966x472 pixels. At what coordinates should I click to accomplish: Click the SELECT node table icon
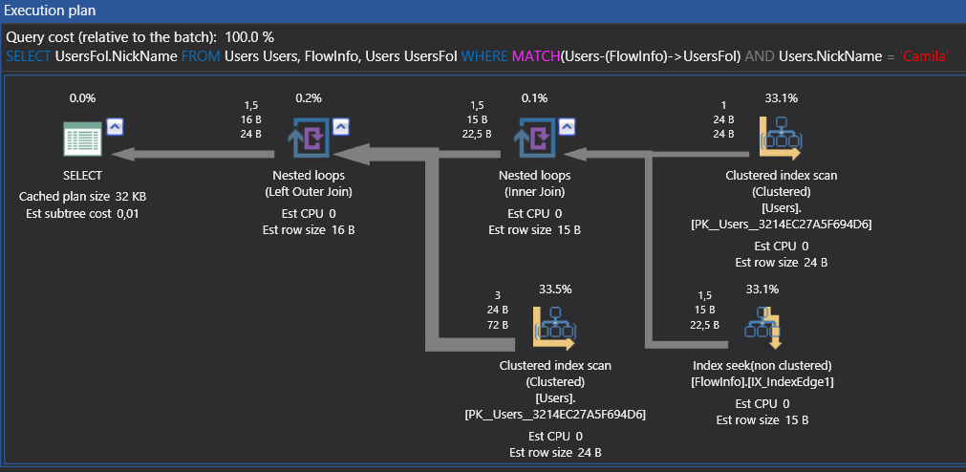coord(82,139)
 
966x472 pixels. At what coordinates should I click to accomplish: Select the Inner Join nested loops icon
coord(534,139)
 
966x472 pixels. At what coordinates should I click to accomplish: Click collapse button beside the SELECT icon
coord(115,125)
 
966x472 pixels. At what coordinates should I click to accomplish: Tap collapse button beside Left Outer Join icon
coord(340,125)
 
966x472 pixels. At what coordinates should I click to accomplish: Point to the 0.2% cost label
coord(309,97)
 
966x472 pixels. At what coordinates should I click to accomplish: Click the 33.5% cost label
coord(555,288)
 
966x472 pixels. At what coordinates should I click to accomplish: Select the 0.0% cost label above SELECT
coord(82,97)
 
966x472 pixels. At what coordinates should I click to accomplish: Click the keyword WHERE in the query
coord(484,56)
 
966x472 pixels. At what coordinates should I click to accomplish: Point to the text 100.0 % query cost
coord(249,37)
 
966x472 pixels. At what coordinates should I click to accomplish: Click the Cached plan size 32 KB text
coord(82,196)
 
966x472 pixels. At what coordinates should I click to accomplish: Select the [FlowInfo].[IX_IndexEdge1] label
coord(762,382)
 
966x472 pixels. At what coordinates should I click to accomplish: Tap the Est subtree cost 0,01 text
coord(82,213)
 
